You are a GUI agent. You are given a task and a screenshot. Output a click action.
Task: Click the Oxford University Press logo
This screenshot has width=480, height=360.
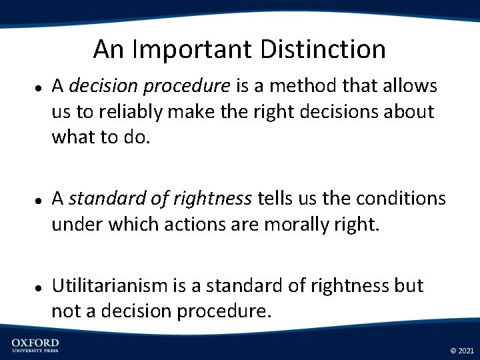35,345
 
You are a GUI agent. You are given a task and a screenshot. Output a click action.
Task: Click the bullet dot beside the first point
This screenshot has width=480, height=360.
39,87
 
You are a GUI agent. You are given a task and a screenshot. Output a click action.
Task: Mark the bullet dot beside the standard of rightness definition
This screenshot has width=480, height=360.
39,200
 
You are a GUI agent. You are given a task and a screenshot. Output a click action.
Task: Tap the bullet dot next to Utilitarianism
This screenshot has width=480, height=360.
39,287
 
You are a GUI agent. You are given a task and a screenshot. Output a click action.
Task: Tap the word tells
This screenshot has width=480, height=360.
275,199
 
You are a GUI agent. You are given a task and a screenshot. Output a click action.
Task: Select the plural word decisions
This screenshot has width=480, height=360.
329,113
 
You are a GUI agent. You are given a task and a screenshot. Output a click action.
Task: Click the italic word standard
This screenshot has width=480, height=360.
100,199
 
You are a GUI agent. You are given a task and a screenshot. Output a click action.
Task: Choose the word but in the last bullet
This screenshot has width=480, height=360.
409,286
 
